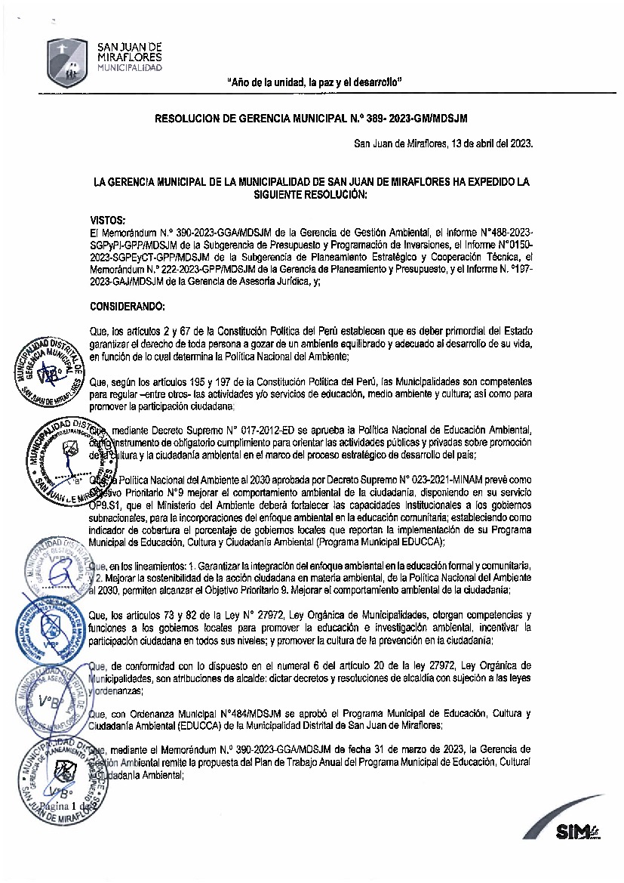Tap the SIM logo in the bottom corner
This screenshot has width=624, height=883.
[577, 831]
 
